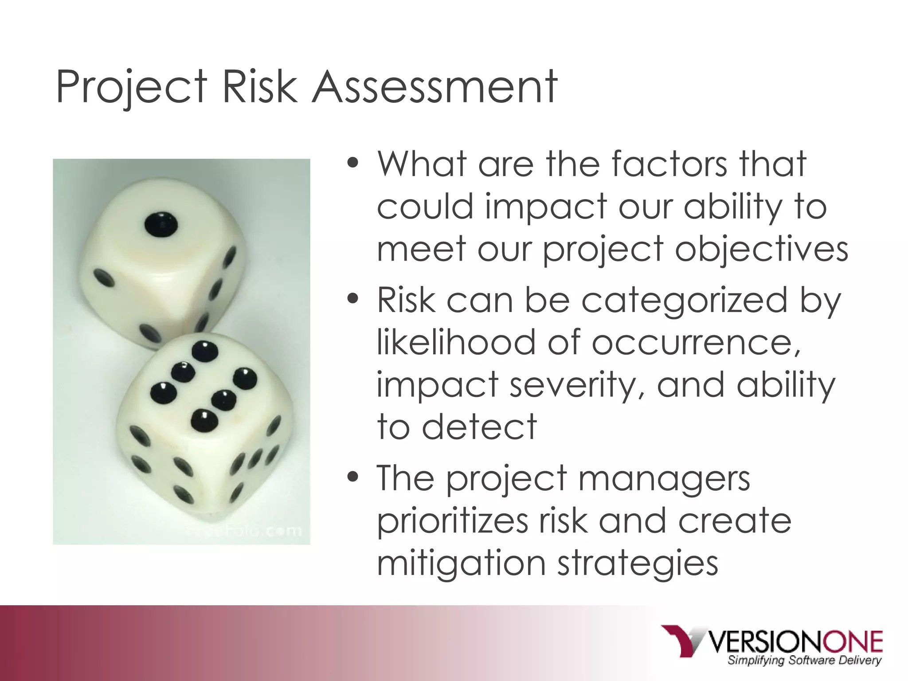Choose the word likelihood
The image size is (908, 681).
(456, 342)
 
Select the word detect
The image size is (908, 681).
(479, 427)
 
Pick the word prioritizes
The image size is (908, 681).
(452, 521)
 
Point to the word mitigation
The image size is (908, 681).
(461, 563)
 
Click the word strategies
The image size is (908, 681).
(638, 563)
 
